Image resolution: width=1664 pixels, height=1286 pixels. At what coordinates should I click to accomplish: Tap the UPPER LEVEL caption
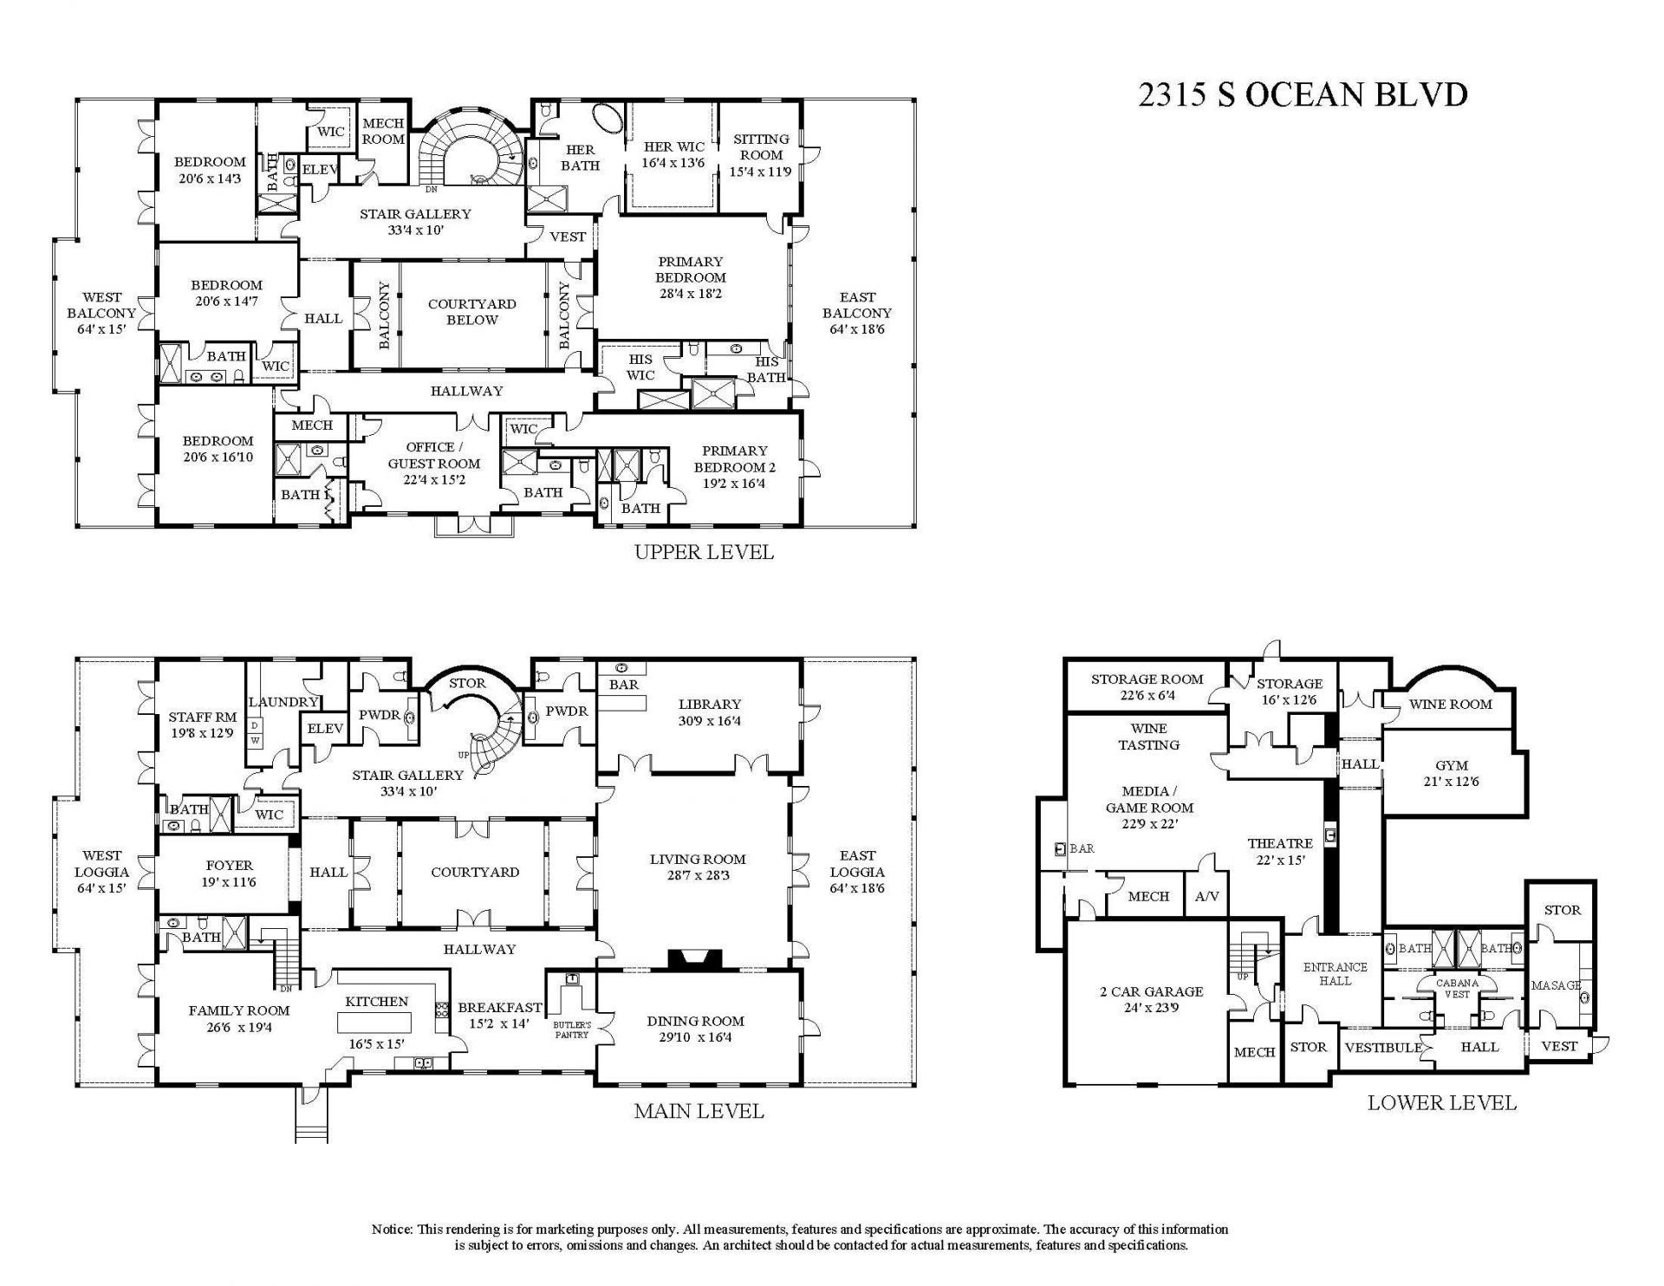[704, 552]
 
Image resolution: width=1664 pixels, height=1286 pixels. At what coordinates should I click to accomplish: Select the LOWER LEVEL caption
[1441, 1103]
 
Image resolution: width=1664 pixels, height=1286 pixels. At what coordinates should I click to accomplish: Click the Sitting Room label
[761, 155]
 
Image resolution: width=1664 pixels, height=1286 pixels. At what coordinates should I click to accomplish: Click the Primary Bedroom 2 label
[734, 466]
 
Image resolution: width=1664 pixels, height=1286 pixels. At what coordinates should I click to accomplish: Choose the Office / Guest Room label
[433, 463]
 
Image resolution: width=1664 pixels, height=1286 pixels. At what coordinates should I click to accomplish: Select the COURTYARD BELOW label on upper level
[471, 312]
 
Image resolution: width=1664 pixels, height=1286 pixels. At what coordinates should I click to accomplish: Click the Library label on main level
[709, 712]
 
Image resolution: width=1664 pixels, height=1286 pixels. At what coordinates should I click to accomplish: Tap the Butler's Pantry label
[572, 1029]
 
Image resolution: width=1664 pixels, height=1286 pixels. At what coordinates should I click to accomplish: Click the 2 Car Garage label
[1151, 999]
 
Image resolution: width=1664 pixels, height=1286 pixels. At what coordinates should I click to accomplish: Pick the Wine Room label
[1450, 704]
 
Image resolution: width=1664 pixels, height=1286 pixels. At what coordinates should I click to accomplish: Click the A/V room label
[1206, 897]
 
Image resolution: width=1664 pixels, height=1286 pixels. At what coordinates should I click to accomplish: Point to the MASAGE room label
[1556, 985]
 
